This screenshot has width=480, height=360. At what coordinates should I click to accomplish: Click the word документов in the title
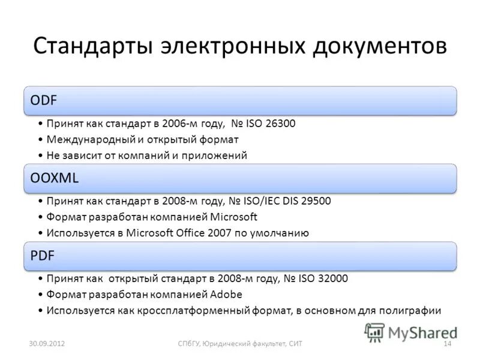(x=379, y=46)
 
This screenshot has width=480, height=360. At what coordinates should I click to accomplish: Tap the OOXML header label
(x=55, y=178)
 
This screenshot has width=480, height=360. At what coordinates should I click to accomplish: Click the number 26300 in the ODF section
(x=280, y=124)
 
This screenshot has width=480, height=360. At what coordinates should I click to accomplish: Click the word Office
(x=185, y=233)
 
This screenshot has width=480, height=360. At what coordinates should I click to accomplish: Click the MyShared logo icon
(x=376, y=331)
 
